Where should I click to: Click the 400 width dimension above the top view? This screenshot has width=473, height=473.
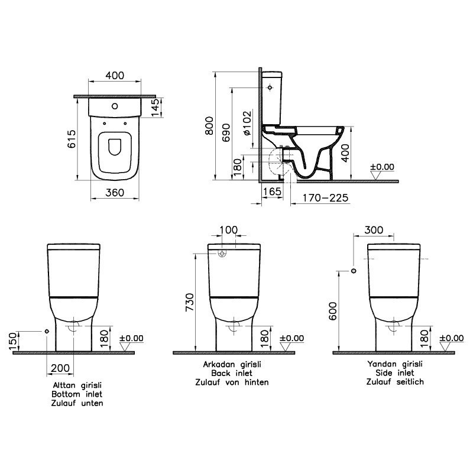click(x=115, y=76)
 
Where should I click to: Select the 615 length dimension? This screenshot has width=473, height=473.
click(x=71, y=140)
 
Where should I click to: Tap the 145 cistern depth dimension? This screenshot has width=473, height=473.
click(x=155, y=108)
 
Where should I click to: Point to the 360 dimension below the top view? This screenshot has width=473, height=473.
click(x=115, y=192)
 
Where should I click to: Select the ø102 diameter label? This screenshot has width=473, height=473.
click(x=247, y=123)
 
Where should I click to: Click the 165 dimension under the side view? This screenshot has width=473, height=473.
click(x=271, y=192)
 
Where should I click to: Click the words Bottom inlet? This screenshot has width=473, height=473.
click(x=77, y=394)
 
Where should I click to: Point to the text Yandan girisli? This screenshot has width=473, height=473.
click(x=395, y=365)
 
